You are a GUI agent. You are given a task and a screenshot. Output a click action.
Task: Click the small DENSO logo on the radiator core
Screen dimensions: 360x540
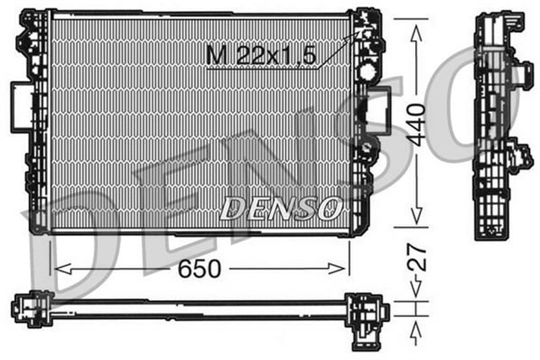pos(280,207)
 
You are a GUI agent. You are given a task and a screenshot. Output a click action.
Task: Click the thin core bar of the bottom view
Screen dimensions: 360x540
pos(194,313)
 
